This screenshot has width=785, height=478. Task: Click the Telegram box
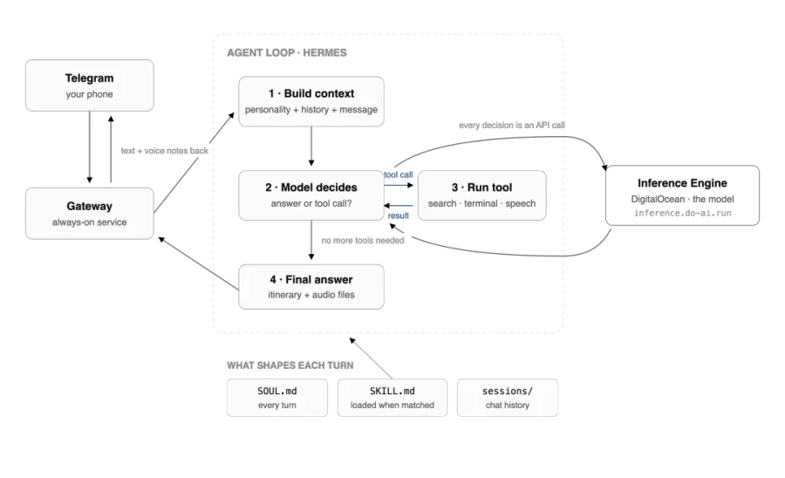pyautogui.click(x=90, y=85)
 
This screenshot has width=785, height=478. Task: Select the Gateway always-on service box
pyautogui.click(x=90, y=214)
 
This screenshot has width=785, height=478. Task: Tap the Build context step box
pyautogui.click(x=311, y=101)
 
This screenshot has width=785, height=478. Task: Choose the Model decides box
pyautogui.click(x=311, y=195)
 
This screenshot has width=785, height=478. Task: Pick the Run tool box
pyautogui.click(x=482, y=195)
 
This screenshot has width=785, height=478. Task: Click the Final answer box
pyautogui.click(x=311, y=287)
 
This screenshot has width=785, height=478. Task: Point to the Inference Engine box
pyautogui.click(x=682, y=195)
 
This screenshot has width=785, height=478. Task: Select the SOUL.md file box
pyautogui.click(x=277, y=398)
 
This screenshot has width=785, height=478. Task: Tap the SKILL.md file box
pyautogui.click(x=392, y=398)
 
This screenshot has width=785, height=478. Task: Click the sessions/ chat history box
pyautogui.click(x=508, y=398)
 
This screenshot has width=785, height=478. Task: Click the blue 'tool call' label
pyautogui.click(x=399, y=174)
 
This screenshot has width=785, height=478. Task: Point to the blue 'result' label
pyautogui.click(x=399, y=215)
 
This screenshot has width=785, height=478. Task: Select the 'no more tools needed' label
pyautogui.click(x=363, y=241)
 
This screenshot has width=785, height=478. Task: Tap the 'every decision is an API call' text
pyautogui.click(x=512, y=125)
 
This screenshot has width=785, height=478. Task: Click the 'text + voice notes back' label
pyautogui.click(x=164, y=151)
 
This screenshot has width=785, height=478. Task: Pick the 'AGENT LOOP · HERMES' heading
pyautogui.click(x=287, y=53)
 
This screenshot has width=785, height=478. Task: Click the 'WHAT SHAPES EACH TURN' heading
pyautogui.click(x=290, y=365)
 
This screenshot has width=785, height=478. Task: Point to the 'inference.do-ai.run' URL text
pyautogui.click(x=682, y=213)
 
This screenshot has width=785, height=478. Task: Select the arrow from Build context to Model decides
pyautogui.click(x=311, y=147)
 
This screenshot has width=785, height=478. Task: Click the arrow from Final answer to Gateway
pyautogui.click(x=198, y=263)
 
